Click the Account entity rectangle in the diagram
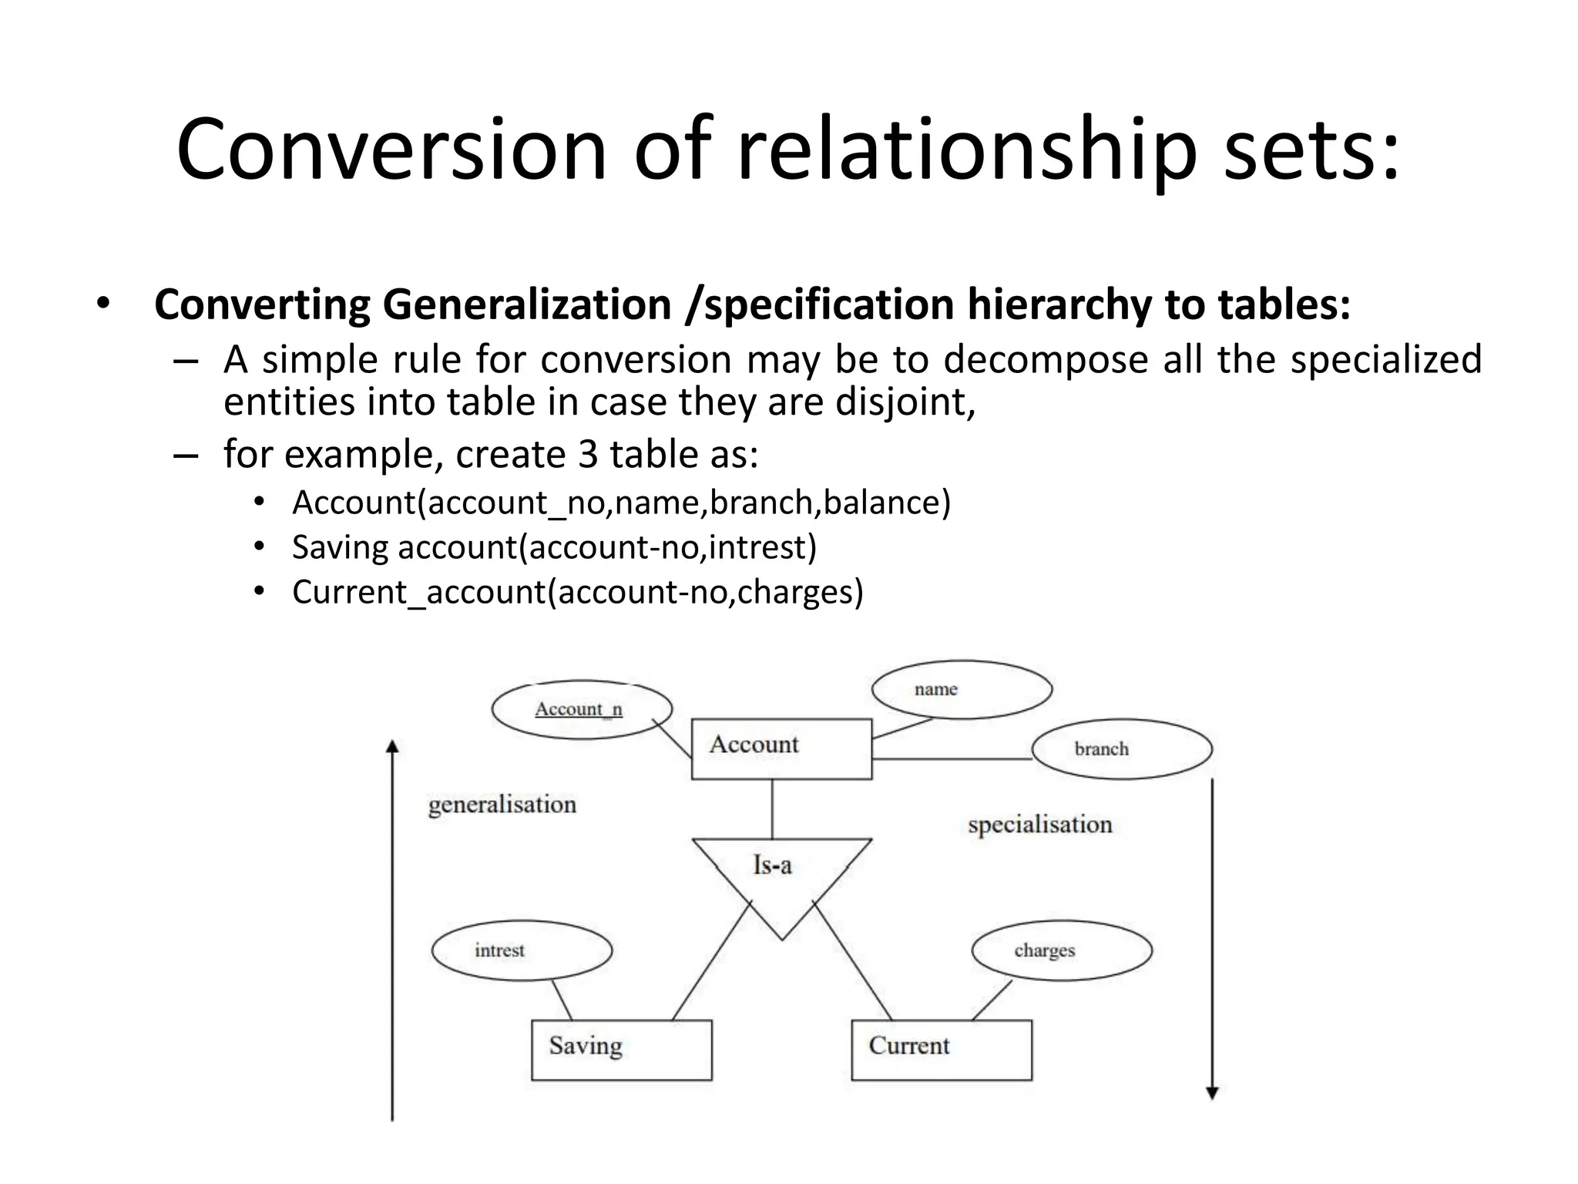[781, 748]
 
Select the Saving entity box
[621, 1049]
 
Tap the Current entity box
[941, 1049]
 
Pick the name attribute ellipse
[961, 689]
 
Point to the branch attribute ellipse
[1121, 748]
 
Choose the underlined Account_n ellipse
[582, 709]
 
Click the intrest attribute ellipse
[522, 950]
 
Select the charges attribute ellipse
[1062, 950]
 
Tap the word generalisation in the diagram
[502, 805]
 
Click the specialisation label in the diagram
[1039, 825]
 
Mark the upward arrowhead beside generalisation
[392, 746]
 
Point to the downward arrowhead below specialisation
[1212, 1092]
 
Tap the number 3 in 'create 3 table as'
[588, 455]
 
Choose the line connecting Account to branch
[952, 759]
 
